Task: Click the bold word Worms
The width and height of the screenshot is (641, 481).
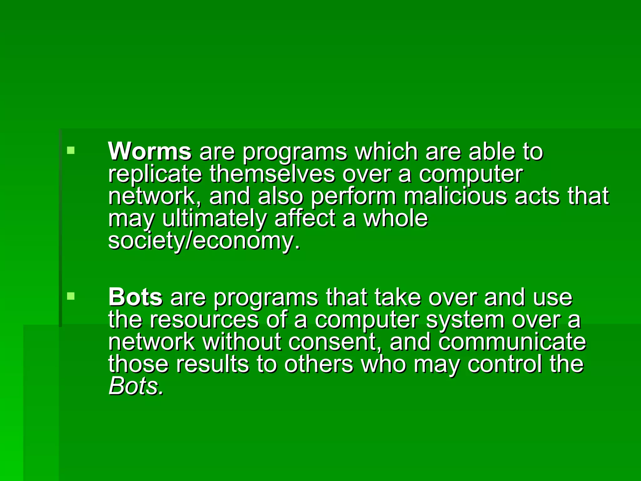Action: coord(150,152)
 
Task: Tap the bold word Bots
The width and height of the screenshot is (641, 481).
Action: coord(135,297)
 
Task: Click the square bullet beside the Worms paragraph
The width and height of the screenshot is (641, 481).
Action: coord(71,151)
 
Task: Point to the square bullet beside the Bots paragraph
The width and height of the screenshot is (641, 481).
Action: coord(71,296)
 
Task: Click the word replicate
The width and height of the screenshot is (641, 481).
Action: coord(155,175)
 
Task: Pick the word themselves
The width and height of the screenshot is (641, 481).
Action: coord(272,174)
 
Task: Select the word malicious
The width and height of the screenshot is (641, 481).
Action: coord(455,196)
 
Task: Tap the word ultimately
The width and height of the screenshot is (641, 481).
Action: coord(214,219)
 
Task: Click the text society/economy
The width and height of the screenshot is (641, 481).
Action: coord(204,241)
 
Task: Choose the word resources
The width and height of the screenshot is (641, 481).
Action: coord(204,320)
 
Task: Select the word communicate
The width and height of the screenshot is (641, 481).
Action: coord(512,342)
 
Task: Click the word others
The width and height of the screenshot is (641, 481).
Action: coord(318,364)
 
